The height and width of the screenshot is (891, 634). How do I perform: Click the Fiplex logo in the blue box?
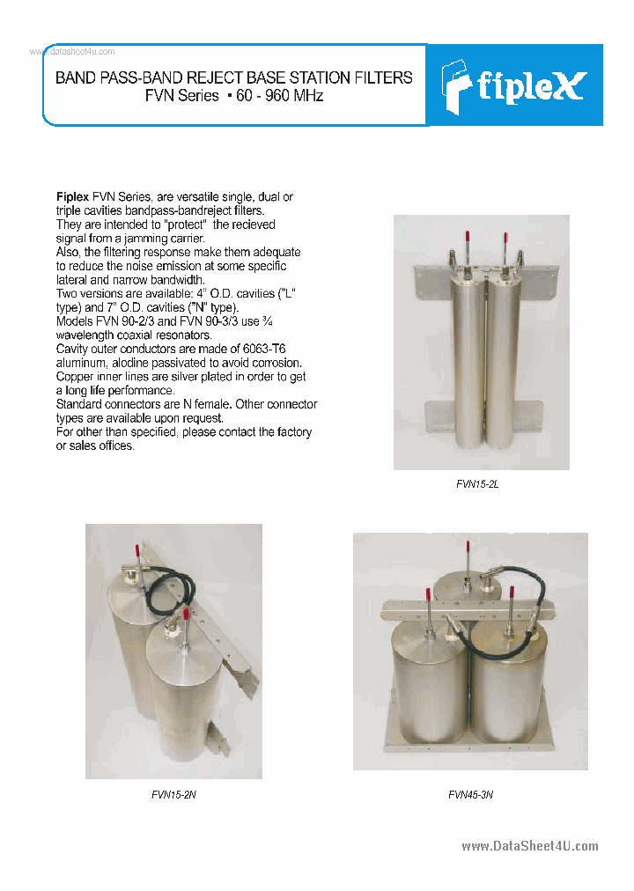(x=514, y=85)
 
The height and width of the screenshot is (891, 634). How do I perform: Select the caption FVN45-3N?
(x=470, y=794)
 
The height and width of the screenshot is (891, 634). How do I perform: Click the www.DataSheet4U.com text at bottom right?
(x=529, y=846)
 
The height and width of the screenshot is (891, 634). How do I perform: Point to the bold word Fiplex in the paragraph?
(x=72, y=197)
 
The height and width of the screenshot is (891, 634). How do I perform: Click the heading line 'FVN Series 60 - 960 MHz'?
(x=234, y=95)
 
